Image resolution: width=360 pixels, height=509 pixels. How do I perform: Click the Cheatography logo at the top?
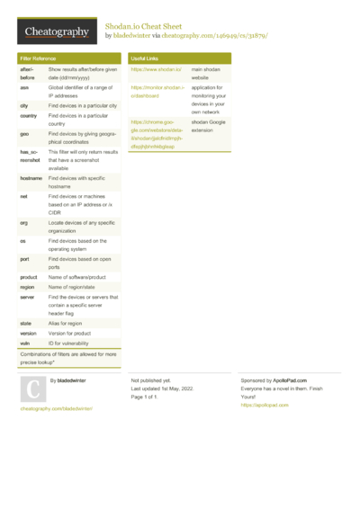coord(56,32)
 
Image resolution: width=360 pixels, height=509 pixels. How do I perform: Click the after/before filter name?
coord(28,73)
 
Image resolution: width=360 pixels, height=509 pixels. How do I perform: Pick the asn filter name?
coord(24,88)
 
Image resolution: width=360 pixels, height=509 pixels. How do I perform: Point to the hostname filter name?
coord(31,179)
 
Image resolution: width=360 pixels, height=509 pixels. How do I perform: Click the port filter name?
coord(24,259)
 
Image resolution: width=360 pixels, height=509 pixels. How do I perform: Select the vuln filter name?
coord(24,344)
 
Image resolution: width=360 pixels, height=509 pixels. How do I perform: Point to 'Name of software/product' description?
coord(80,277)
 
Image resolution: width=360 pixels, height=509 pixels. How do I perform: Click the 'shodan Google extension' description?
coord(209,125)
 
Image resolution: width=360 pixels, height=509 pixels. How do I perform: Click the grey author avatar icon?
coord(33,388)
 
